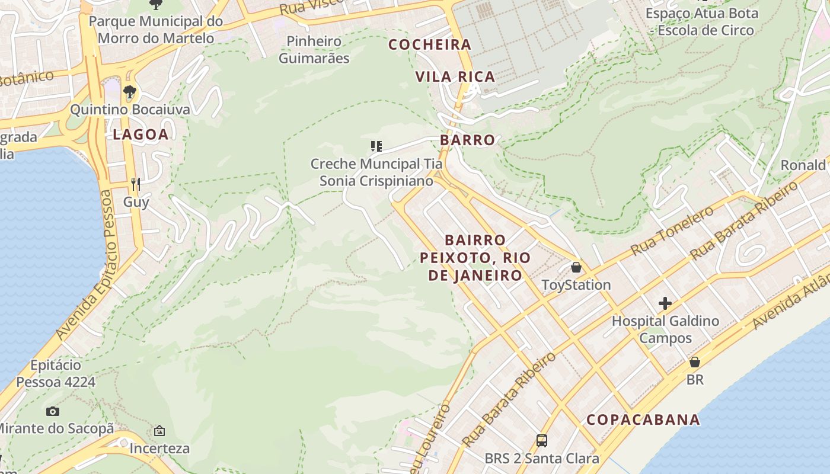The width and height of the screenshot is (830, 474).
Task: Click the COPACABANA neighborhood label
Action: tap(643, 420)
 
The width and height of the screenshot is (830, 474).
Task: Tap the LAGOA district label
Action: tap(141, 134)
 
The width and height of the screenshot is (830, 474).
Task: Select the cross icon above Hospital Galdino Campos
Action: tap(665, 303)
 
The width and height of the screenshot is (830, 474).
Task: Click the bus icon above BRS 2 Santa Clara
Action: tap(542, 440)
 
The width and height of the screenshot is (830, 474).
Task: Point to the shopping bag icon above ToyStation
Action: tap(576, 267)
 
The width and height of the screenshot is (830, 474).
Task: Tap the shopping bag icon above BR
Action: tap(694, 361)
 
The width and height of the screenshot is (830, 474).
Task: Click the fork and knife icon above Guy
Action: tap(136, 184)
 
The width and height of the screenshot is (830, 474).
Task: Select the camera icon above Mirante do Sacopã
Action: tap(53, 411)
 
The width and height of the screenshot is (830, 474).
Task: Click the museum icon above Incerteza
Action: tap(159, 431)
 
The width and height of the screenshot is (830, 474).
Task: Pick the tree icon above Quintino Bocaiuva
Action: tap(130, 92)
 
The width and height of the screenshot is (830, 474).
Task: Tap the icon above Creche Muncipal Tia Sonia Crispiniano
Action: tap(376, 146)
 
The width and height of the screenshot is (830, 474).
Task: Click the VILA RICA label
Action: tap(455, 77)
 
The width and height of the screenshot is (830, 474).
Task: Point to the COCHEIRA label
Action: tap(430, 45)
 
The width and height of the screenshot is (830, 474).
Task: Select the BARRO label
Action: tap(467, 140)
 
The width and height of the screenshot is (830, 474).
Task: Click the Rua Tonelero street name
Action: tap(672, 231)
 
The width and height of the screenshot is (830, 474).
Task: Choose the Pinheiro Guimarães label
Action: tap(314, 50)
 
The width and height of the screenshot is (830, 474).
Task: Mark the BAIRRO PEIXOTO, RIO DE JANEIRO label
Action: tap(475, 258)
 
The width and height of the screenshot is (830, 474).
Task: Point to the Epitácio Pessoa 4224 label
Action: tap(55, 373)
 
